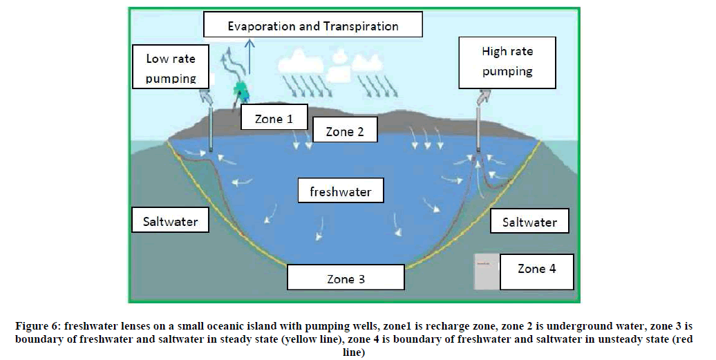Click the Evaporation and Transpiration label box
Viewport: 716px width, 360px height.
coord(313,26)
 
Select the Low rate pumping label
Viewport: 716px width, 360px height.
coord(171,68)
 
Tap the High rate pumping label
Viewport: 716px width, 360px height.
coord(507,61)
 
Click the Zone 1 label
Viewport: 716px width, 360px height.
coord(273,119)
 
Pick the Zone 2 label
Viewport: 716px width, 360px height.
coord(343,131)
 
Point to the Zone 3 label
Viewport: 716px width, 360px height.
coord(346,279)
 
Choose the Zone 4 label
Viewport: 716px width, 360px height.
coord(536,269)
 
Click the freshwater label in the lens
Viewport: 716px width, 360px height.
coord(340,191)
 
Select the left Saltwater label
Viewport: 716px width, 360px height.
coord(170,221)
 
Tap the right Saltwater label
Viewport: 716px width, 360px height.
coord(529,222)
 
